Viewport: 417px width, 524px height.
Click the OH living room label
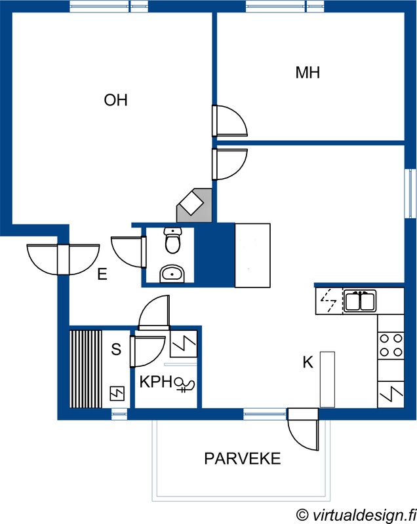[x=115, y=100]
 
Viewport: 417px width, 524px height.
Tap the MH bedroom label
[x=308, y=73]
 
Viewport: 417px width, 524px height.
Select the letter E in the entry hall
[x=102, y=274]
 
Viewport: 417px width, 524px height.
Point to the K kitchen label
[x=308, y=362]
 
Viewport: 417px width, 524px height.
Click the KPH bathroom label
[x=156, y=382]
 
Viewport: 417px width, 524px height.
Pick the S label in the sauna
[x=116, y=349]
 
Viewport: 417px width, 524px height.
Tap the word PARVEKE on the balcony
[x=243, y=458]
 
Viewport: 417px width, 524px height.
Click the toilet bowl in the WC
[x=172, y=240]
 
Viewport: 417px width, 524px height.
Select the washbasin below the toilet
[x=172, y=274]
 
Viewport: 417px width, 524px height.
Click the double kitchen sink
[x=360, y=301]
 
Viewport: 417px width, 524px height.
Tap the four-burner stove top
[x=391, y=345]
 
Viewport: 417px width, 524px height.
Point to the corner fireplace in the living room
[x=194, y=205]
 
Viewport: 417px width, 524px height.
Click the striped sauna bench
[x=86, y=369]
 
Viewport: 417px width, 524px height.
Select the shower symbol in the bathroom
[x=184, y=384]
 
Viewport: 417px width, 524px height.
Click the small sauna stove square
[x=117, y=394]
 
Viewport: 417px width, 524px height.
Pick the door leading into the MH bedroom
[x=230, y=121]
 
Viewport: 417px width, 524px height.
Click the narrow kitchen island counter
[x=327, y=380]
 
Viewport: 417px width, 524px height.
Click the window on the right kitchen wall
[x=410, y=194]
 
